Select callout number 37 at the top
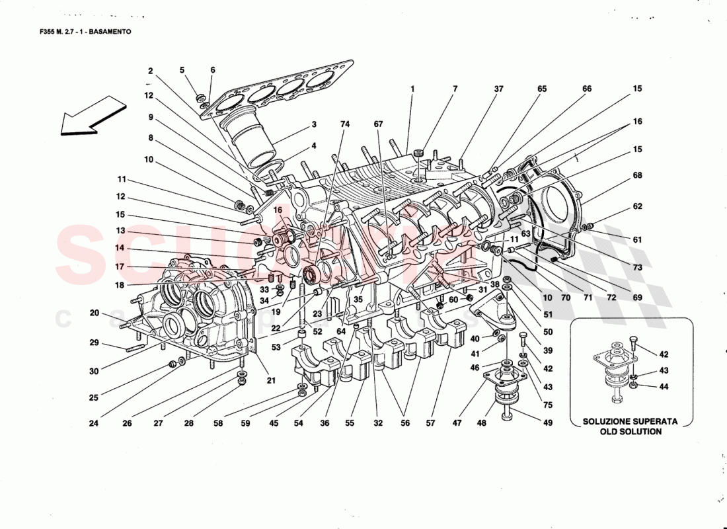[498, 89]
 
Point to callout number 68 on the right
[637, 175]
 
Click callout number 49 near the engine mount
[547, 424]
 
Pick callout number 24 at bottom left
[94, 424]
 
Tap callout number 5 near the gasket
[182, 70]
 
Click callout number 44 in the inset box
[664, 387]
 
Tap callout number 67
[378, 124]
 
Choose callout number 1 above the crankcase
[412, 89]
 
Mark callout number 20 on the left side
[94, 313]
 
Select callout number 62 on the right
[637, 206]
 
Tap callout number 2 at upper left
[151, 71]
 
